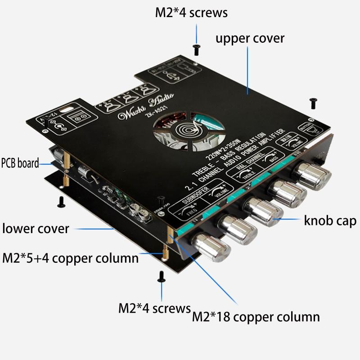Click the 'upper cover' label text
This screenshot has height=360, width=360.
coord(250,38)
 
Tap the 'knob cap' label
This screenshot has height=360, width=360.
coord(330,221)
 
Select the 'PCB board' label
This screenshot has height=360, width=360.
coord(20,162)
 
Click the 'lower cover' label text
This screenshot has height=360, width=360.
coord(36,228)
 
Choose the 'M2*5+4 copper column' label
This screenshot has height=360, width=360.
coord(70,258)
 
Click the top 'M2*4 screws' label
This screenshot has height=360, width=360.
coord(191,13)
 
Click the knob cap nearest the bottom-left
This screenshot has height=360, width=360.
coord(212,247)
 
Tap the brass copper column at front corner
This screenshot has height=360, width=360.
coord(170,236)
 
